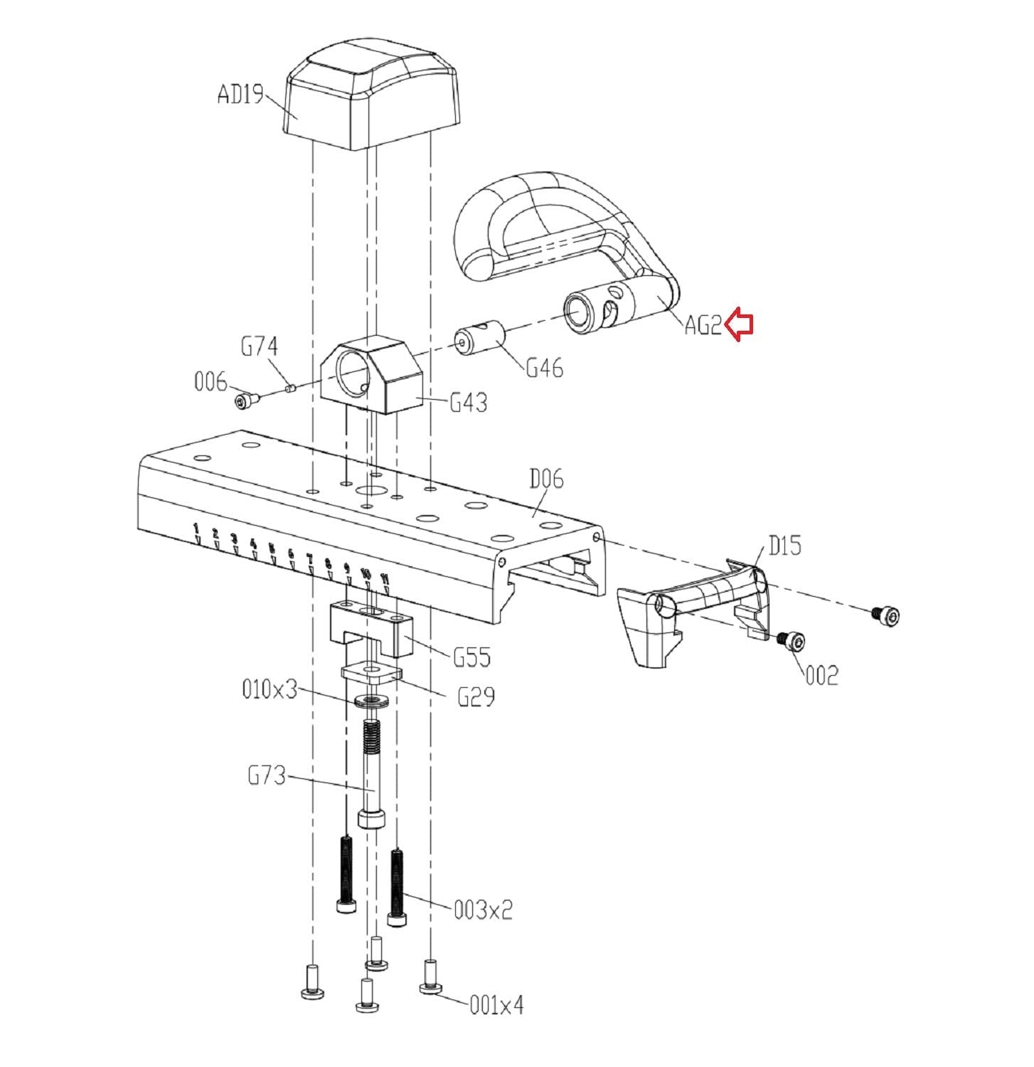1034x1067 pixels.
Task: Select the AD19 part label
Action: [x=240, y=94]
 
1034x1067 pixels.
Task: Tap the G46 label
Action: [x=544, y=368]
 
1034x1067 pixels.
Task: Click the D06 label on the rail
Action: [x=546, y=479]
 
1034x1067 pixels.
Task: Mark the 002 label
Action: [x=821, y=674]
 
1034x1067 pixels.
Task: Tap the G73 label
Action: [x=267, y=774]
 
